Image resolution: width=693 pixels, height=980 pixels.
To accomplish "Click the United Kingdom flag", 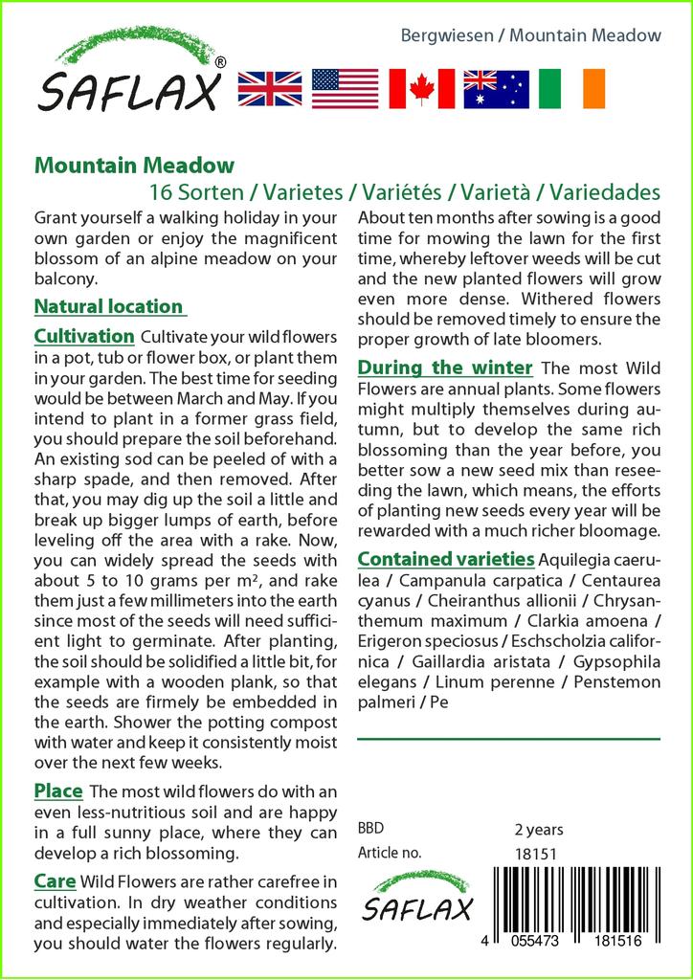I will (269, 89).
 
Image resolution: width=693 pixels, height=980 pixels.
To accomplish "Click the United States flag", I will (346, 89).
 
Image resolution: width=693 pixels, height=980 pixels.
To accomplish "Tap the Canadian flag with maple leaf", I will (421, 89).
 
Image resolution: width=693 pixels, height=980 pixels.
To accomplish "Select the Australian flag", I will (496, 89).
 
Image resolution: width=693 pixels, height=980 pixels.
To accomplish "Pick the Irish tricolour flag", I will (571, 89).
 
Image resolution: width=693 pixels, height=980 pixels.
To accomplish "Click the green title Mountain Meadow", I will (134, 166).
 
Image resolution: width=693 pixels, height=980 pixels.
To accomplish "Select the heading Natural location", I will (108, 307).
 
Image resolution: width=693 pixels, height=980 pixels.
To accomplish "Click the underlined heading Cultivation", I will (84, 337).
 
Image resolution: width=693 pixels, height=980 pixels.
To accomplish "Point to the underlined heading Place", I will (58, 791).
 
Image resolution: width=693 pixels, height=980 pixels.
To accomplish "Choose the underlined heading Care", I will (56, 880).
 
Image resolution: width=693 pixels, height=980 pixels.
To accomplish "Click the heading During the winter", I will (445, 367).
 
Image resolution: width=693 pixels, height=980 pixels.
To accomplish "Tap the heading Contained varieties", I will (445, 559).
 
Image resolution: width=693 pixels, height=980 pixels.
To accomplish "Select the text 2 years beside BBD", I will (539, 829).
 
